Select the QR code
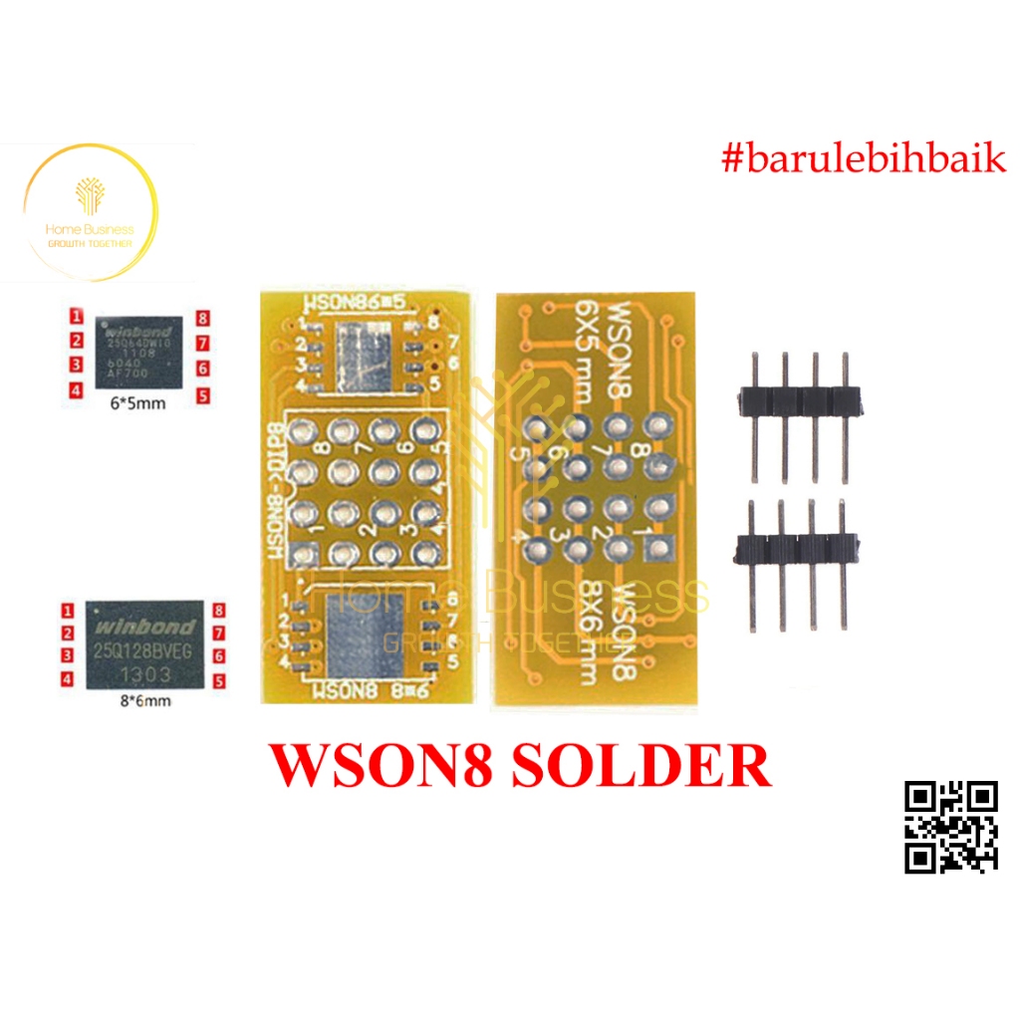pos(950,827)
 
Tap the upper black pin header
pos(798,400)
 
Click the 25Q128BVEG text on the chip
pos(143,650)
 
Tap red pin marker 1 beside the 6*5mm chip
pos(75,317)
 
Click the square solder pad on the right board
pos(654,545)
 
